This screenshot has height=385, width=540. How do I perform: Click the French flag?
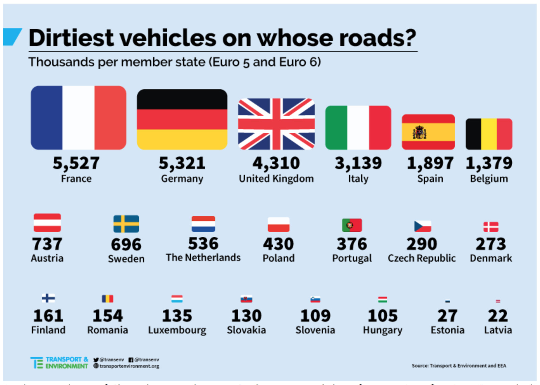coord(78,118)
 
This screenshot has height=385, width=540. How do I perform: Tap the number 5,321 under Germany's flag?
coord(182,163)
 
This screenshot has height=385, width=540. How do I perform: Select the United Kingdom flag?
coord(276,124)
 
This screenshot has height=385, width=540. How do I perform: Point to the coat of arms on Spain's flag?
coord(420,132)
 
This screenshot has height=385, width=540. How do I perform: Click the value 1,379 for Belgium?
coord(489,163)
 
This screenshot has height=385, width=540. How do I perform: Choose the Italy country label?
coord(358,178)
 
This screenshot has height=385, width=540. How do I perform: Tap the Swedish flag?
coord(126,224)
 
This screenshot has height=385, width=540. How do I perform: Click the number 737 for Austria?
coord(47,244)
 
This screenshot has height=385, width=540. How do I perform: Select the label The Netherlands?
coord(203,258)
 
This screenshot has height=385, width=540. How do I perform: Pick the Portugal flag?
coord(352,225)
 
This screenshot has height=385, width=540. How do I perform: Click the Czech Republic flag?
coord(423,226)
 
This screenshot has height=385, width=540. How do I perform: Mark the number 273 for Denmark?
coord(491,244)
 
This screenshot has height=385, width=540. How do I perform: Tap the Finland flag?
coord(48,298)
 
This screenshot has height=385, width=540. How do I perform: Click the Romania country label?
coord(108,330)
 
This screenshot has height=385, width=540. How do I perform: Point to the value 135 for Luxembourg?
coord(177,316)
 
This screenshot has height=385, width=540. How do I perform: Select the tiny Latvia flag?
coord(498,301)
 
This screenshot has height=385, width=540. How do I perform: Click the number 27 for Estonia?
coord(447,316)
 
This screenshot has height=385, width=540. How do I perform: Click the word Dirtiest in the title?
coord(71,38)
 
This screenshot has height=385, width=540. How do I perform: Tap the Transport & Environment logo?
coord(59,363)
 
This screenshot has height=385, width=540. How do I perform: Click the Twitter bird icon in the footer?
coord(96,360)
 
